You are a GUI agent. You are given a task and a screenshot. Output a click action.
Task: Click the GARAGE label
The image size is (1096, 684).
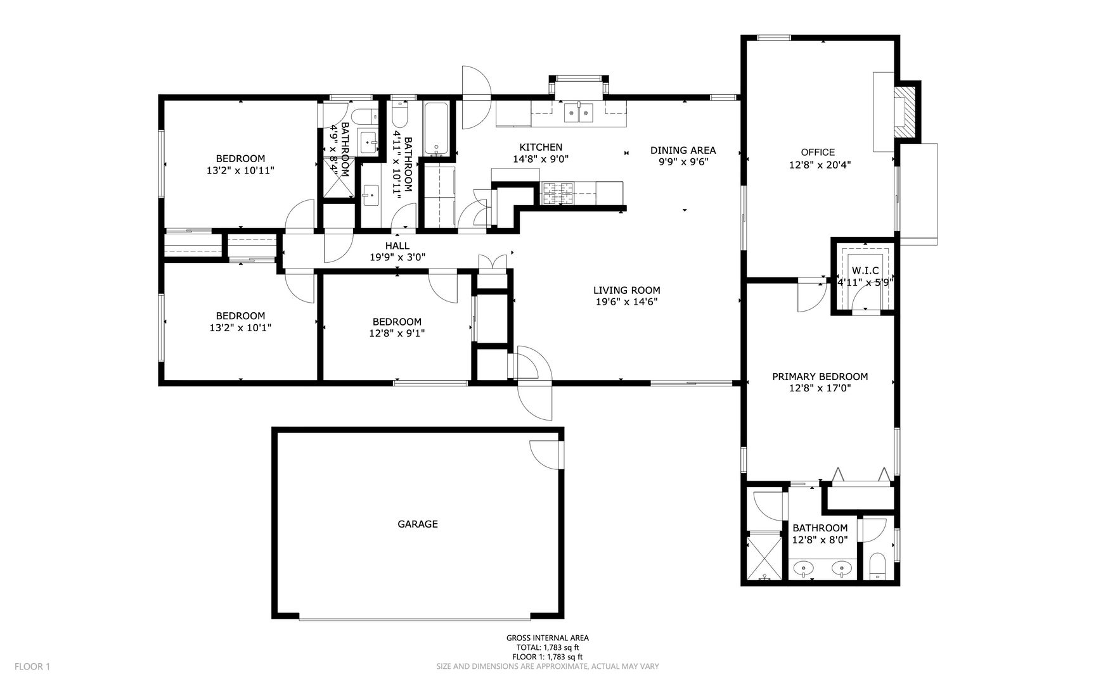pos(418,524)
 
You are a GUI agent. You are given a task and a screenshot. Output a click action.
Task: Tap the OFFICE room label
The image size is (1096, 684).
pos(818,152)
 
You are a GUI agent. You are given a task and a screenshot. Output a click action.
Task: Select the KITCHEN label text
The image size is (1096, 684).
pos(541,148)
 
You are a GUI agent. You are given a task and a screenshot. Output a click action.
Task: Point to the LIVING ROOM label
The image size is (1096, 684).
pos(626,291)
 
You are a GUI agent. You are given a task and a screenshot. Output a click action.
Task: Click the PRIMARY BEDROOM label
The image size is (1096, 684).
pos(820,376)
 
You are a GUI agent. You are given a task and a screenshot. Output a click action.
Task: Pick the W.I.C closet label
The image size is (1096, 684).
pos(865,270)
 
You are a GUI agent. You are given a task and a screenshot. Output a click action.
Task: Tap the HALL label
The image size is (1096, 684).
pos(397,246)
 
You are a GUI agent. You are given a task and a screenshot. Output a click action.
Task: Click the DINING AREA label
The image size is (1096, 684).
pos(683,150)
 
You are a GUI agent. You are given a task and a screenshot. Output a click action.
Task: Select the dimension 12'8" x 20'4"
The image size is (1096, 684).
pos(820,165)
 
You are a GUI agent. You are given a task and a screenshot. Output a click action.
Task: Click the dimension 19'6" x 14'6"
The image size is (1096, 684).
pos(626,302)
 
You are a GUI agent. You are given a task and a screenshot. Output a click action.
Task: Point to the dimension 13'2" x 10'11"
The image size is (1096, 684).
pos(240,170)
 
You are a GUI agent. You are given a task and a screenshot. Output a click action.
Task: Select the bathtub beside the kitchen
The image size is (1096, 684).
pos(436,129)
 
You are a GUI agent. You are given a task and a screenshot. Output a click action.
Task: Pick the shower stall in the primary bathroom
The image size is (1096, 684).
pos(765,557)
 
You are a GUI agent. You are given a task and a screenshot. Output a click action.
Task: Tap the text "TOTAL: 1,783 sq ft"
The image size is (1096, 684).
pos(547,647)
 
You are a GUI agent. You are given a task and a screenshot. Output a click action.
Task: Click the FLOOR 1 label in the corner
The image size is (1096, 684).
pos(32,666)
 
